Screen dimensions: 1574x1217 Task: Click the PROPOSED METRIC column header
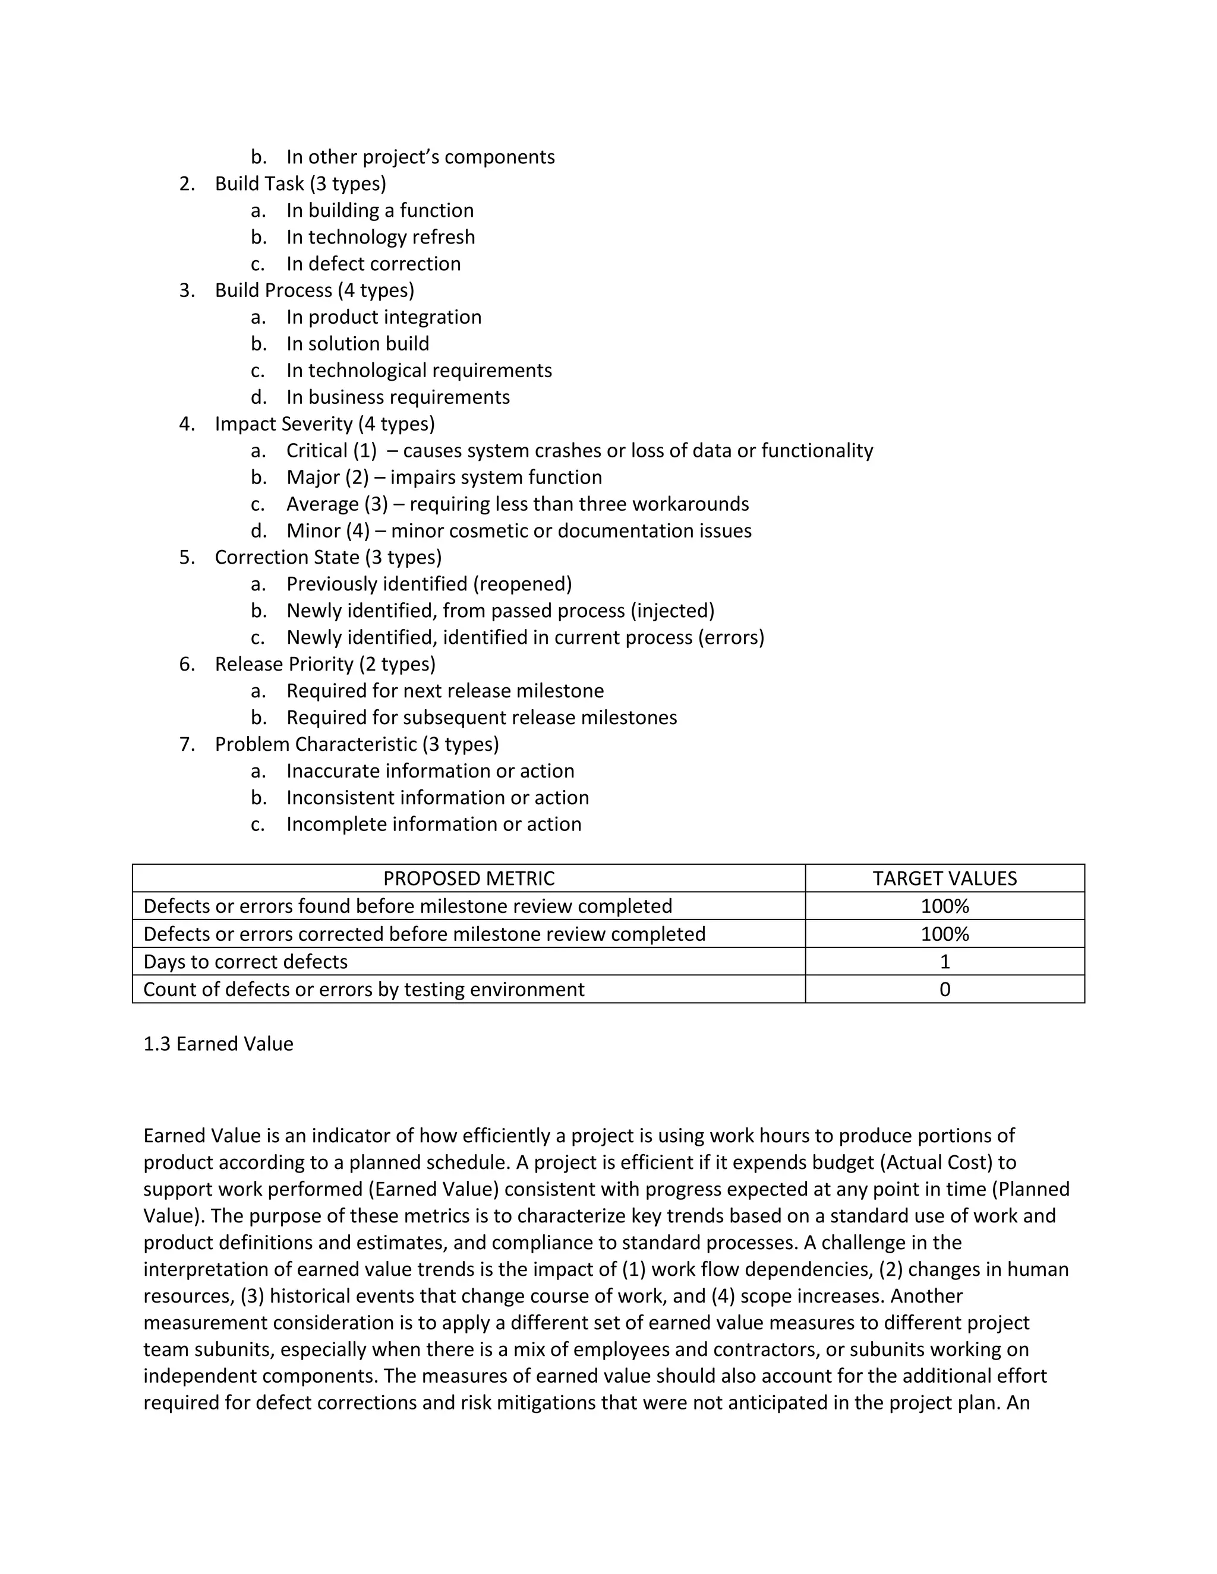(469, 878)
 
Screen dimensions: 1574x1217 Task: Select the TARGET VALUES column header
(944, 878)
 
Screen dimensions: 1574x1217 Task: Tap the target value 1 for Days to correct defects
(944, 962)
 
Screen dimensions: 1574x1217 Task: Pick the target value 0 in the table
(944, 989)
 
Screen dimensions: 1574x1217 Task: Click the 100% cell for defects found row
(944, 906)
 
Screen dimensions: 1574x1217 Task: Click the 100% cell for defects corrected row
(944, 934)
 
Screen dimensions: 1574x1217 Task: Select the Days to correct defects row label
(245, 962)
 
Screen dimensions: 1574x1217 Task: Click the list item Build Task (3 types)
(300, 184)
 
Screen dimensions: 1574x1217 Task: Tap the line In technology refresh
(380, 237)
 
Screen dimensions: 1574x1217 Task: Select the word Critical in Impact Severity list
(317, 450)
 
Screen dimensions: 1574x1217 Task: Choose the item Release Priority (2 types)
(324, 664)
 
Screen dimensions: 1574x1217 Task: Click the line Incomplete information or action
(433, 824)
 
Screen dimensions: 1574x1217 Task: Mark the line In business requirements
(398, 397)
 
